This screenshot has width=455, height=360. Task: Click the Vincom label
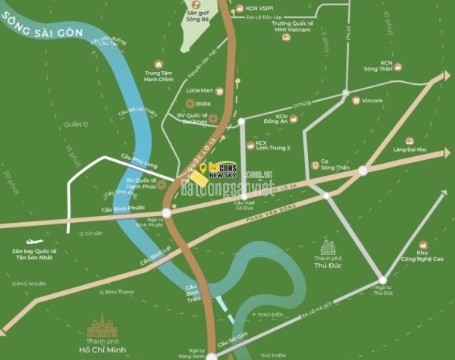(372, 100)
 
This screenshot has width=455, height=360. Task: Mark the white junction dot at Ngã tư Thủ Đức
(383, 280)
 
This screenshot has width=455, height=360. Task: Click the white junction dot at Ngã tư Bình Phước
(167, 213)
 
